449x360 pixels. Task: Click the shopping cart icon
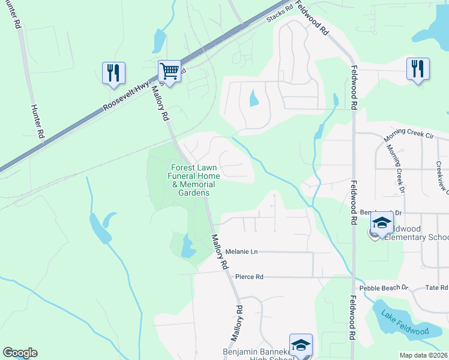pyautogui.click(x=170, y=72)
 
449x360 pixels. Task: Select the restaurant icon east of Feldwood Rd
pyautogui.click(x=418, y=68)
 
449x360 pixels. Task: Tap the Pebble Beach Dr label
pyautogui.click(x=384, y=289)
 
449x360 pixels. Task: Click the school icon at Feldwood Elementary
pyautogui.click(x=381, y=224)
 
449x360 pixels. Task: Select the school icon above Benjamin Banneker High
pyautogui.click(x=301, y=345)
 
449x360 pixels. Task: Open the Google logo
pyautogui.click(x=20, y=353)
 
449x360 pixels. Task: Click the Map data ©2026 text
pyautogui.click(x=424, y=355)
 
